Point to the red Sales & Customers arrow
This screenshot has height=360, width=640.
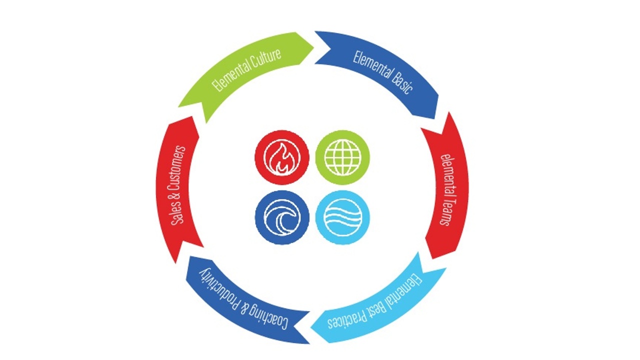point(177,187)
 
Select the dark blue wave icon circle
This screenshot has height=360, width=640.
point(282,217)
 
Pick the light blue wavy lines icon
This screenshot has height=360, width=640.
point(342,217)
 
